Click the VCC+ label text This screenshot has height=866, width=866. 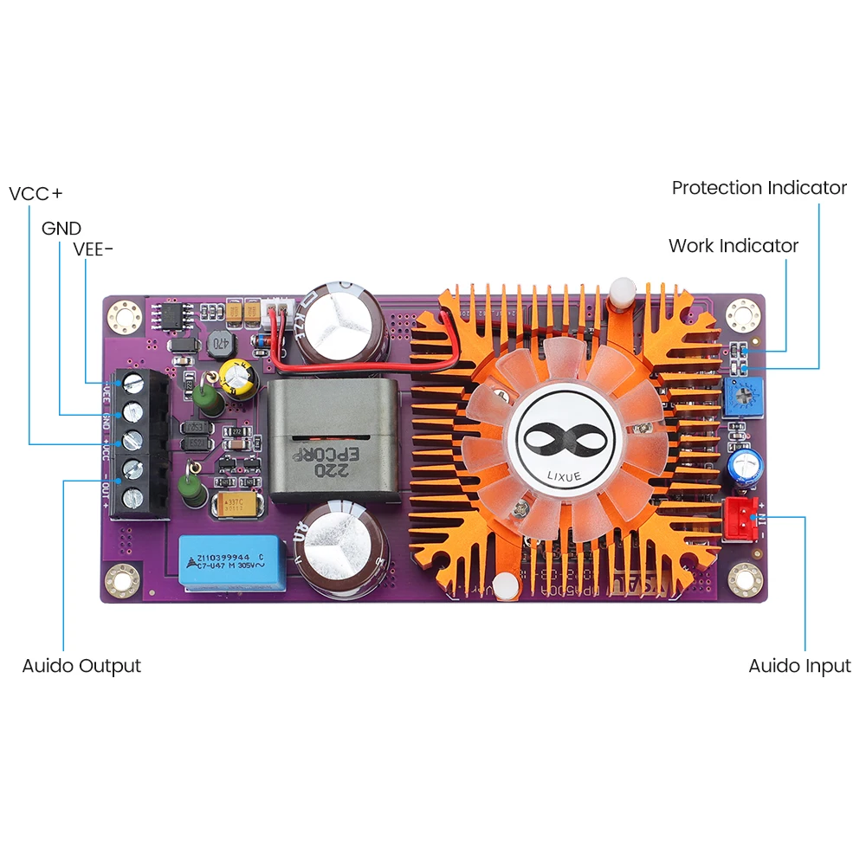[42, 192]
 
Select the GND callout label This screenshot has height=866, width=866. [61, 229]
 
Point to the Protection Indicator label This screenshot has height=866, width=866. [759, 188]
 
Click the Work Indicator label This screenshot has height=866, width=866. [733, 246]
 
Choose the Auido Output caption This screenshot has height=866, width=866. [81, 666]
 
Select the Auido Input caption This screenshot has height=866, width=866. [799, 666]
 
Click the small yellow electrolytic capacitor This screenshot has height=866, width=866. [236, 378]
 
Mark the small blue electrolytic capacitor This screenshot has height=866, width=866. [743, 466]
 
